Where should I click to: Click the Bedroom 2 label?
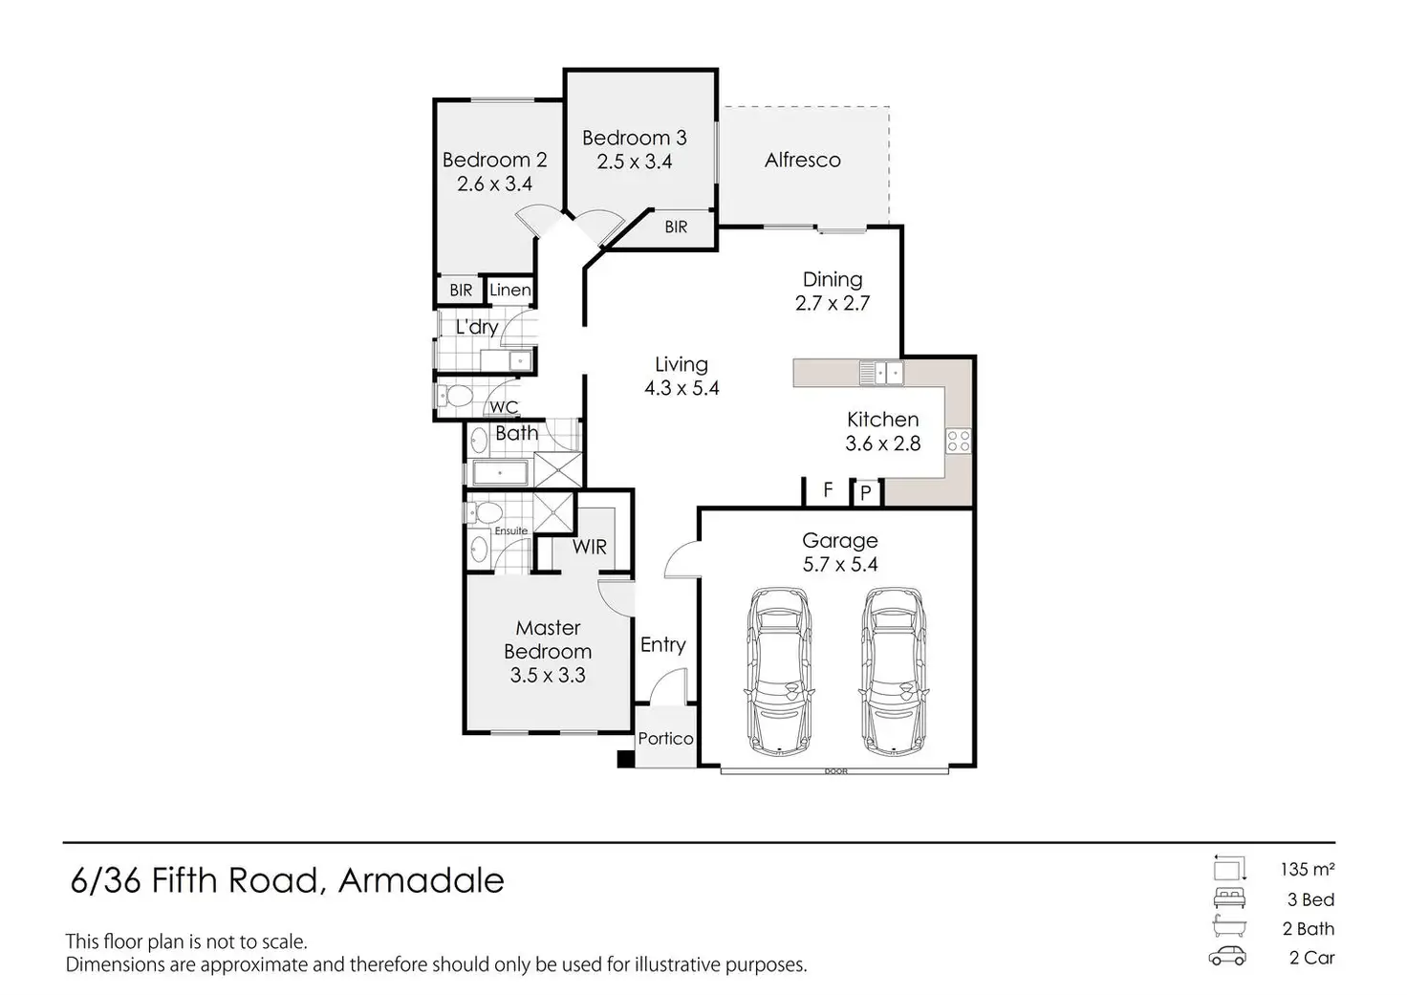click(x=494, y=160)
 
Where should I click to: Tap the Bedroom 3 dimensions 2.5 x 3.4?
click(x=635, y=162)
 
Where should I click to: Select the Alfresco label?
click(x=802, y=160)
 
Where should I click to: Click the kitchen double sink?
click(x=880, y=372)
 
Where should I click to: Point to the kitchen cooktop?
click(x=958, y=441)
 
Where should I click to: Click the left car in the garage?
click(x=782, y=668)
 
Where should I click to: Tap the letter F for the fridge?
click(x=828, y=489)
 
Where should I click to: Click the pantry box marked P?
click(x=866, y=492)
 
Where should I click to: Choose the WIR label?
click(x=589, y=547)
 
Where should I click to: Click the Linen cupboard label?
click(x=509, y=290)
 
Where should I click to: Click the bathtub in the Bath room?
click(x=500, y=473)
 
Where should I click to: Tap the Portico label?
click(x=665, y=738)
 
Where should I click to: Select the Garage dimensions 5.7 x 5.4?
click(x=839, y=564)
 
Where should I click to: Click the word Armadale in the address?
click(x=421, y=879)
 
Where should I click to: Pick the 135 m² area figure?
click(x=1307, y=870)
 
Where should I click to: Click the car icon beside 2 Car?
click(x=1228, y=957)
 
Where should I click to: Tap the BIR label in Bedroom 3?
click(x=676, y=227)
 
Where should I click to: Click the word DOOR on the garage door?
click(x=837, y=770)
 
